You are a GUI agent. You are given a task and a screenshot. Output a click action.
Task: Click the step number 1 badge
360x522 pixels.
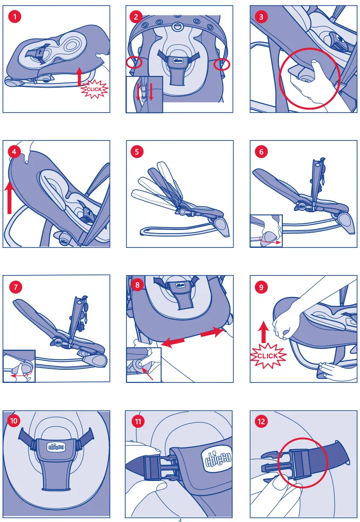[15, 17]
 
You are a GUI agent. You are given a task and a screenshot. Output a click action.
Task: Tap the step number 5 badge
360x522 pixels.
[137, 152]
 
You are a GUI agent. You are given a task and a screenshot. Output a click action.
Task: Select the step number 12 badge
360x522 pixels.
[261, 422]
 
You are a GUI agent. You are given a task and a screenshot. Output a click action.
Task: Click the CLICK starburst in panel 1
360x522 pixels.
[95, 89]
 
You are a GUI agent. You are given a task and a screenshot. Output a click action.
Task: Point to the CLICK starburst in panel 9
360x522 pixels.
[268, 356]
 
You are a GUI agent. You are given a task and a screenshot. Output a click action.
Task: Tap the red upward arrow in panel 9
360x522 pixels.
[264, 332]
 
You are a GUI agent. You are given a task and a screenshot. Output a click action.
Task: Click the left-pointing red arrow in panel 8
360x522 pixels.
[172, 342]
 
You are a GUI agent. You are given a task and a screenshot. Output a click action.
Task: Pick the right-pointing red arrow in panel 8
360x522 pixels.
[212, 332]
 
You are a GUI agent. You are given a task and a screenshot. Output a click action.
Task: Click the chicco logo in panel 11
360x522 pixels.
[218, 458]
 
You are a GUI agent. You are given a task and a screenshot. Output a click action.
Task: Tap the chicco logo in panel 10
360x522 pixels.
[56, 447]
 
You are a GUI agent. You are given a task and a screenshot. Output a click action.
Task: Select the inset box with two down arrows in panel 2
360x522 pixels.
[144, 95]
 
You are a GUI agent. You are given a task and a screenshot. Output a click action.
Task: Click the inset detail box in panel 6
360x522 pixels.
[266, 231]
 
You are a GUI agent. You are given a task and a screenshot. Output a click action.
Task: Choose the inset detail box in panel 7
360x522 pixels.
[19, 366]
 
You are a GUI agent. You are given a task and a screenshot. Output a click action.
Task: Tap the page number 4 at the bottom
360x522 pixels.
[180, 520]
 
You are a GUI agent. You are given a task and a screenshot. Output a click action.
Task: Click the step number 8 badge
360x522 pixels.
[137, 285]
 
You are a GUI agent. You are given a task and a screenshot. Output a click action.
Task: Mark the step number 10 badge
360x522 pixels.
[14, 421]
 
